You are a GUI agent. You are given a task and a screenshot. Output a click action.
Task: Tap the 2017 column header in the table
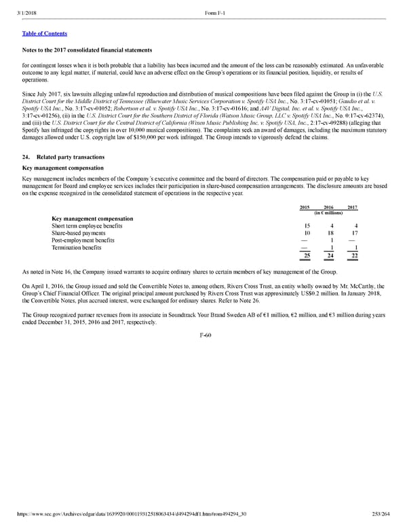pos(352,207)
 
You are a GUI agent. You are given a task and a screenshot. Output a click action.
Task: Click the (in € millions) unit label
pos(329,213)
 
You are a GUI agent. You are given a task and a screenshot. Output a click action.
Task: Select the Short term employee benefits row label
pos(83,226)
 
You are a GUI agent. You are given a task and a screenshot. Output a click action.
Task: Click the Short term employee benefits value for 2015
pos(307,226)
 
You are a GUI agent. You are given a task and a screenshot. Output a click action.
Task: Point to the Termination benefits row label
pos(77,247)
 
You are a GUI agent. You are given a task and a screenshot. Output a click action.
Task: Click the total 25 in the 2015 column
pos(307,255)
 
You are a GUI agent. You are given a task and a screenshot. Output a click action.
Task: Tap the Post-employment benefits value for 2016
pos(330,240)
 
